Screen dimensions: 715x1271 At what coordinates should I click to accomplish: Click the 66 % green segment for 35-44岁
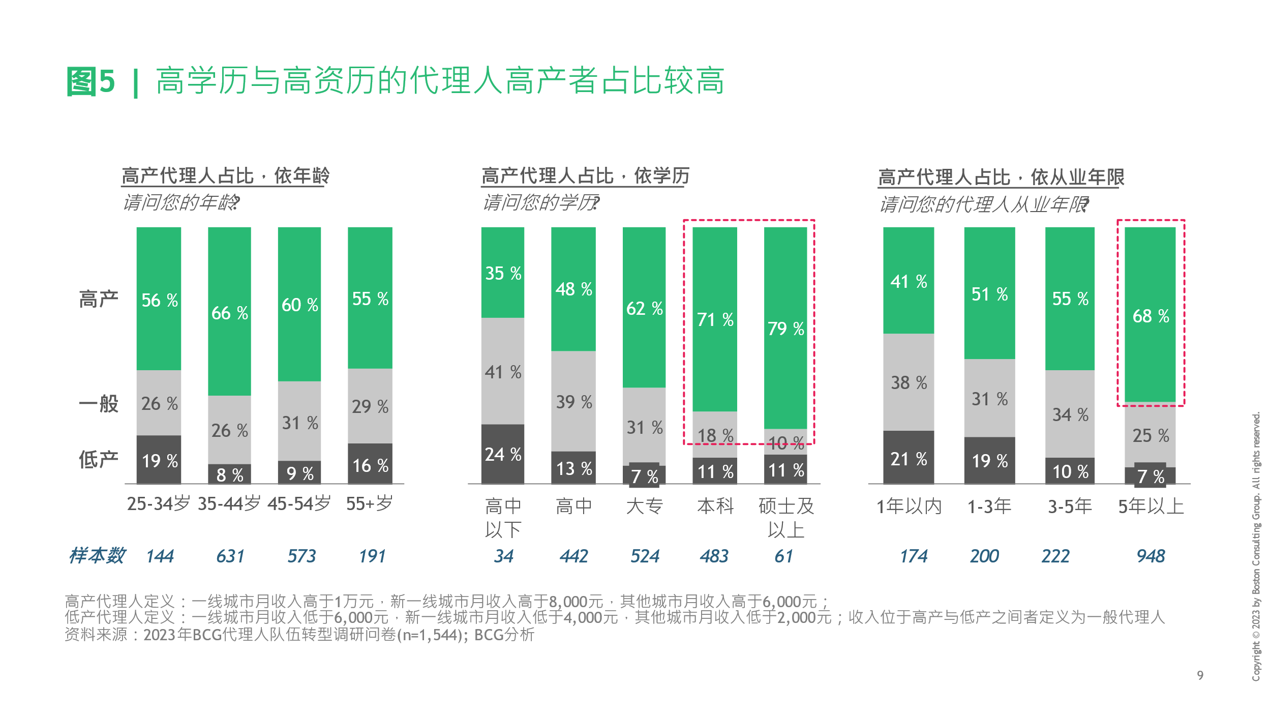coord(229,311)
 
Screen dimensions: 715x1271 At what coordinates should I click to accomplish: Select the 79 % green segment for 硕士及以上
coord(785,328)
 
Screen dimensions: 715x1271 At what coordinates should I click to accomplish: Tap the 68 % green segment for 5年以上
coord(1150,315)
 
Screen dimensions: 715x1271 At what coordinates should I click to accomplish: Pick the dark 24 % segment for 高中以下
coord(503,454)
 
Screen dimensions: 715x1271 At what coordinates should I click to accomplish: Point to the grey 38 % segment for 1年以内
coord(909,382)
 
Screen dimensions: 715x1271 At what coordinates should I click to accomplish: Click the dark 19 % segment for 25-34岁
coord(159,460)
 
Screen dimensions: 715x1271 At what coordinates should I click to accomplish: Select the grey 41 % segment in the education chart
coord(503,371)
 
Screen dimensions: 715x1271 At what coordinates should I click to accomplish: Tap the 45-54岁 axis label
coord(299,503)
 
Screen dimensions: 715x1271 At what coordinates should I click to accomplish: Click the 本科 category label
coord(715,505)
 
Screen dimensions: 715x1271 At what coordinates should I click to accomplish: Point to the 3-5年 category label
coord(1070,506)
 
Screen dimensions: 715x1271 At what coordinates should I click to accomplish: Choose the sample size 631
coord(230,556)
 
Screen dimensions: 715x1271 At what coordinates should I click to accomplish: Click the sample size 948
coord(1151,556)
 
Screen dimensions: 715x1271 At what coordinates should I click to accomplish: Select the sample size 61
coord(783,556)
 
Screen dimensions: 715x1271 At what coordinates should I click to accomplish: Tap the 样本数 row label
coord(97,555)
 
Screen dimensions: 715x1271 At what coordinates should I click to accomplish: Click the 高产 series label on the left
coord(99,299)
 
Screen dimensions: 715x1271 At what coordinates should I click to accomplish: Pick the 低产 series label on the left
coord(99,459)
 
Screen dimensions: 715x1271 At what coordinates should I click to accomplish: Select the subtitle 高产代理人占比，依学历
coord(585,176)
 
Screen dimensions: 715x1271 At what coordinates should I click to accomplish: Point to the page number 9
coord(1200,675)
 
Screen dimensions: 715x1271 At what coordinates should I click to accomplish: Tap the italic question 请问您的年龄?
coord(181,202)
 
